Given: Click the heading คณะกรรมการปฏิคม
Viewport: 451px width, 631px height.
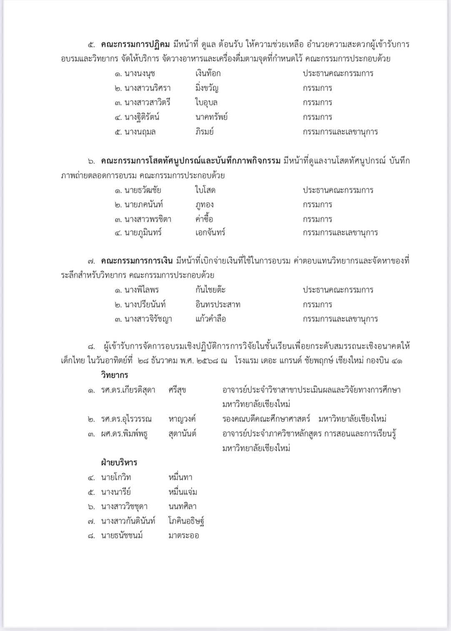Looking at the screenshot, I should pyautogui.click(x=135, y=45).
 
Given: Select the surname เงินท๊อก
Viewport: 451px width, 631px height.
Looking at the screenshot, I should pyautogui.click(x=208, y=74).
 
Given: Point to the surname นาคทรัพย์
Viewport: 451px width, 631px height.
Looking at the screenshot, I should pyautogui.click(x=211, y=117).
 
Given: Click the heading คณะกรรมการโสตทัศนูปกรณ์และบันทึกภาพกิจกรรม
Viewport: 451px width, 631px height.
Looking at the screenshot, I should pyautogui.click(x=190, y=161).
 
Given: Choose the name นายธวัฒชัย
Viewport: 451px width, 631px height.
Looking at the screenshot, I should pyautogui.click(x=143, y=190).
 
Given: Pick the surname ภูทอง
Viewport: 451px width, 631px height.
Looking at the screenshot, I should pyautogui.click(x=204, y=205).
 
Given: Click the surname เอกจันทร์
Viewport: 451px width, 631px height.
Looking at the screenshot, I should pyautogui.click(x=210, y=233).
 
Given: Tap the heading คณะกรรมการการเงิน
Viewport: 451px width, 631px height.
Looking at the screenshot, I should pyautogui.click(x=136, y=261).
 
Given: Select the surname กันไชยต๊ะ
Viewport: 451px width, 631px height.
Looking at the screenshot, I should pyautogui.click(x=210, y=290).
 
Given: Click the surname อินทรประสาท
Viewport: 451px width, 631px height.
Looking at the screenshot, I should pyautogui.click(x=218, y=305).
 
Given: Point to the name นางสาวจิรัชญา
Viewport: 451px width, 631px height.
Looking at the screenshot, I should pyautogui.click(x=148, y=319).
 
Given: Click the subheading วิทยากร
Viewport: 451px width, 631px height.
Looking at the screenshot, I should pyautogui.click(x=114, y=375).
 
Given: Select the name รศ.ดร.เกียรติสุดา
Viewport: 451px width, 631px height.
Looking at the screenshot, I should pyautogui.click(x=128, y=390).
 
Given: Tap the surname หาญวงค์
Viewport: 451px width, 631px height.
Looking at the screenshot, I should pyautogui.click(x=182, y=419).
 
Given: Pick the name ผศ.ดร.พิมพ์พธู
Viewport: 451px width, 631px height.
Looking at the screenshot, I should pyautogui.click(x=124, y=434).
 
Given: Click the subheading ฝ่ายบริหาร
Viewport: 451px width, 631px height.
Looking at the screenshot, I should pyautogui.click(x=119, y=463).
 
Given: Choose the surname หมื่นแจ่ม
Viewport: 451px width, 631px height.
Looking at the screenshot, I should pyautogui.click(x=183, y=492).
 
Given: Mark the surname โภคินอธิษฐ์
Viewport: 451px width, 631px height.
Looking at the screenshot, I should pyautogui.click(x=186, y=521).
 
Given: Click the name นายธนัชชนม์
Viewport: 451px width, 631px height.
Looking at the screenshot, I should pyautogui.click(x=122, y=535).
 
